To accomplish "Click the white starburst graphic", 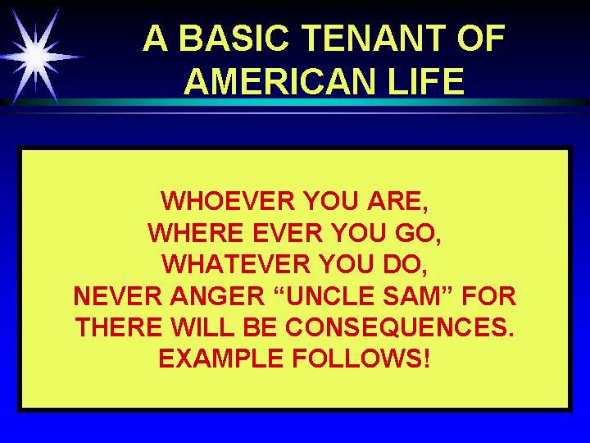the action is (x=37, y=57).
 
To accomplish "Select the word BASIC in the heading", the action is (x=234, y=38).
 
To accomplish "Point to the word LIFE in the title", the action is (x=427, y=81).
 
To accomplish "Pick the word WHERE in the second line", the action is (x=195, y=232).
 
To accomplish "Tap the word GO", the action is (x=415, y=232).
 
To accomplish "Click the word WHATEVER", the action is (x=236, y=263).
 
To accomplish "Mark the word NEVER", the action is (x=118, y=295).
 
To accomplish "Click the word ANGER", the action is (x=218, y=295).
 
